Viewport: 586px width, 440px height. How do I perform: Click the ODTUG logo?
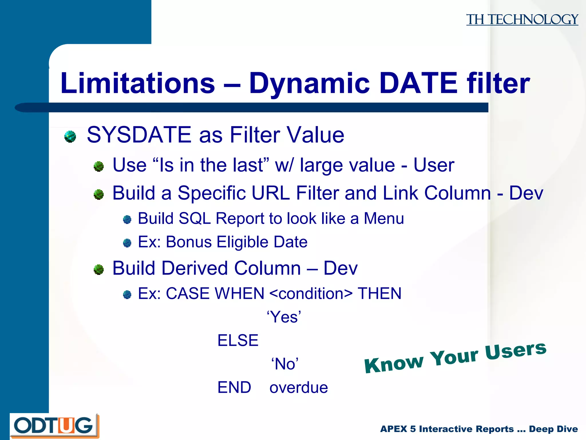(x=54, y=425)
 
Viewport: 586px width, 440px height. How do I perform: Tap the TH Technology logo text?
(x=522, y=19)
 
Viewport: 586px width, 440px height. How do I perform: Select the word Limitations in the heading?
(x=138, y=83)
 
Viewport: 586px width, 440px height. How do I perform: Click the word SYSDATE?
(x=139, y=135)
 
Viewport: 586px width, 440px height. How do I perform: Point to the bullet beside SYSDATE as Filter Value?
(x=70, y=136)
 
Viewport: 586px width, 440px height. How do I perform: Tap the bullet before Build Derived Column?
(x=99, y=269)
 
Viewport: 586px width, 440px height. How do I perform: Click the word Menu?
(x=384, y=219)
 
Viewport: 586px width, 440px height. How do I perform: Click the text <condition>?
(x=311, y=294)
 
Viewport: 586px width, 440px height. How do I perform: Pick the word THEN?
(x=379, y=294)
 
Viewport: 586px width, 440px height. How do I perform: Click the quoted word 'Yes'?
(x=284, y=317)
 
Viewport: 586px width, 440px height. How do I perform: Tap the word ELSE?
(x=238, y=341)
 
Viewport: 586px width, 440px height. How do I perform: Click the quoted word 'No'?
(x=285, y=364)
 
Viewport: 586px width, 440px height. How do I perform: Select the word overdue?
(x=298, y=388)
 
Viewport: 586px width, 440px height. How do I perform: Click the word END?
(x=234, y=388)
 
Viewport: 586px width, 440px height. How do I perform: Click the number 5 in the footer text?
(x=413, y=429)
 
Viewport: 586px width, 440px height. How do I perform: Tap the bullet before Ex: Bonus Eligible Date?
(x=127, y=243)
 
